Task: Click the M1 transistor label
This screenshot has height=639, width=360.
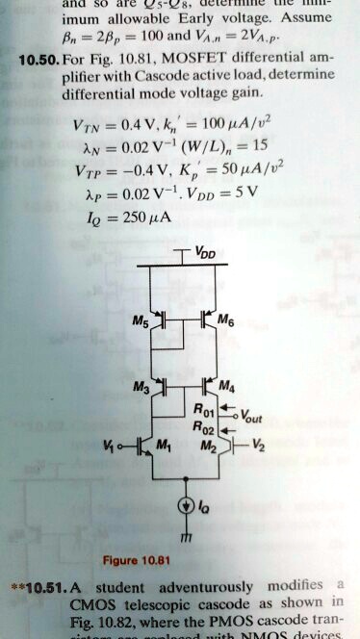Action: pos(165,447)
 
